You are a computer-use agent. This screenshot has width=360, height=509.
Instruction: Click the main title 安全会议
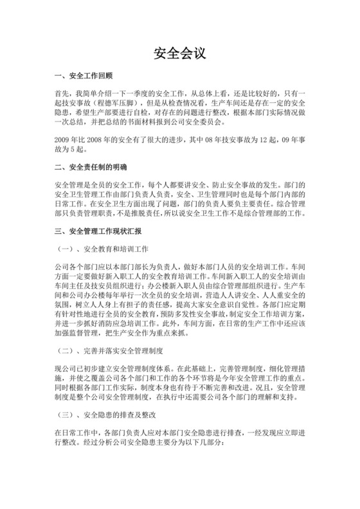point(179,53)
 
